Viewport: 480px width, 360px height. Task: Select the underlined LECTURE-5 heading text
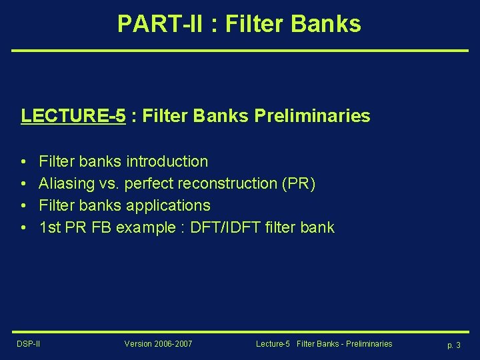click(73, 116)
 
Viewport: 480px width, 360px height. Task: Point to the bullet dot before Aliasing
click(23, 184)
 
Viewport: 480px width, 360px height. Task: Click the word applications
click(170, 205)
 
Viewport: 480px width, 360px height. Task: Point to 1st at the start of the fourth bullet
click(51, 227)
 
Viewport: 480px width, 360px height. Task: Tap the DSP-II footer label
click(29, 344)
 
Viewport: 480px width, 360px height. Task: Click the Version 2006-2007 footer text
click(158, 344)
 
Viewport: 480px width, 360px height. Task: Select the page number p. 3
click(454, 345)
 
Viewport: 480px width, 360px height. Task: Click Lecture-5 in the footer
click(273, 344)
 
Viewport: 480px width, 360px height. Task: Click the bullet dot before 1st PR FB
click(23, 228)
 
